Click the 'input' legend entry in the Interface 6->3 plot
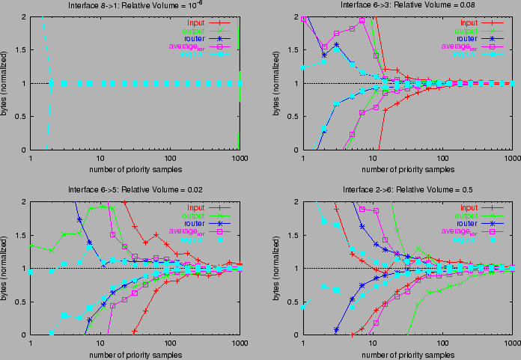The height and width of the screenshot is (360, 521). tap(469, 22)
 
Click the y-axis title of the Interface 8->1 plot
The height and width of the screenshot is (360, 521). tap(7, 82)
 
